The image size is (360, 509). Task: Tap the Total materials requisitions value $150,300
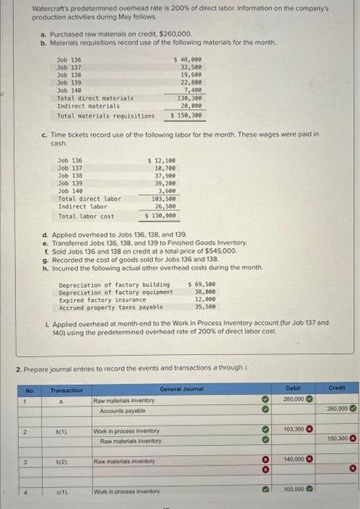[x=182, y=116]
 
